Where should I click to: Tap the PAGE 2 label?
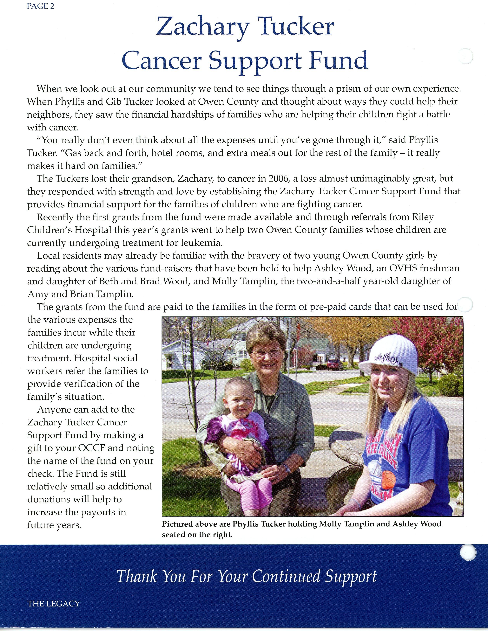40,6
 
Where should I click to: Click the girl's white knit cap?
388,356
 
